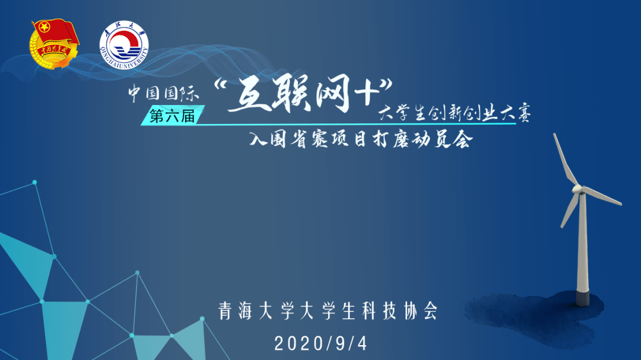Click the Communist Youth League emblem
click(x=54, y=44)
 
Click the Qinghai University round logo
click(x=124, y=45)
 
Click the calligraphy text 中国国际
click(x=164, y=93)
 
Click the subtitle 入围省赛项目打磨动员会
click(x=361, y=139)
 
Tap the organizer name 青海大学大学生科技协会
click(x=328, y=311)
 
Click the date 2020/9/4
click(x=321, y=343)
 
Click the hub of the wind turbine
click(x=577, y=189)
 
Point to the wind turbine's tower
click(x=582, y=245)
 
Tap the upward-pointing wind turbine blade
click(x=565, y=160)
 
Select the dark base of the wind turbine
click(x=583, y=298)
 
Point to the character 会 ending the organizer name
click(x=430, y=311)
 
